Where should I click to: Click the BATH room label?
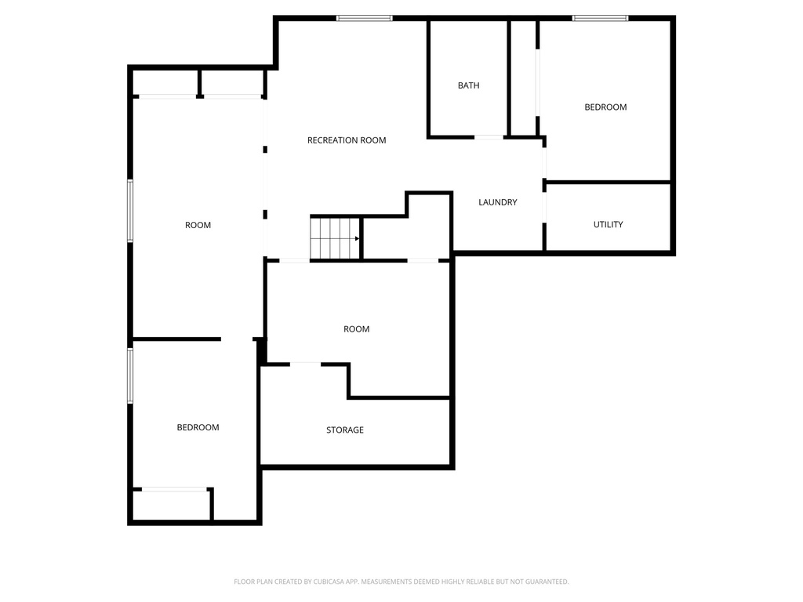click(x=469, y=85)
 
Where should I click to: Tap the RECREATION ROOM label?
click(x=347, y=140)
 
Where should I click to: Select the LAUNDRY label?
click(x=498, y=202)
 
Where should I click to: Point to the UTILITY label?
click(x=608, y=224)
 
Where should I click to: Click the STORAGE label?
click(x=345, y=430)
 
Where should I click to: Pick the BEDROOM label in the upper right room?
click(x=605, y=107)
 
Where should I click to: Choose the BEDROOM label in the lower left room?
click(x=198, y=427)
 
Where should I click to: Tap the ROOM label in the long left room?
click(x=198, y=225)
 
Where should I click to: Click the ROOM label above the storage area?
click(x=356, y=329)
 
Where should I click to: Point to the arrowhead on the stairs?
click(x=358, y=238)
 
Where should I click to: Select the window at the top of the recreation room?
click(x=365, y=18)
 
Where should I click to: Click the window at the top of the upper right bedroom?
click(x=600, y=18)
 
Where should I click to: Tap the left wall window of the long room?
click(x=131, y=210)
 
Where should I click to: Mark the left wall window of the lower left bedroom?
click(x=131, y=375)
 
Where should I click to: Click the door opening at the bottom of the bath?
click(x=489, y=137)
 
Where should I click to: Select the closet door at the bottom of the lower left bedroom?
click(x=174, y=490)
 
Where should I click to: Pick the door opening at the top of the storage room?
click(x=305, y=364)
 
